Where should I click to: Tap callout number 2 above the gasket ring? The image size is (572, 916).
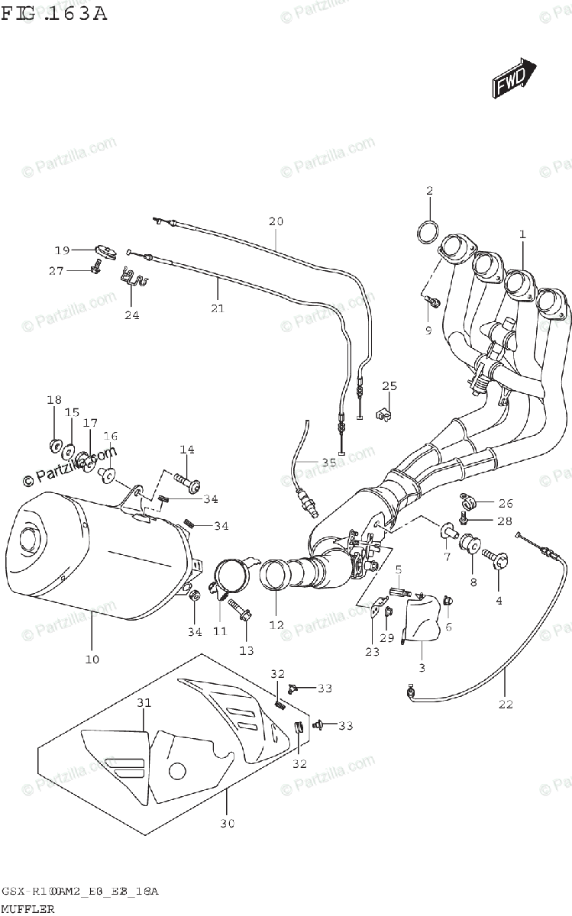(x=429, y=191)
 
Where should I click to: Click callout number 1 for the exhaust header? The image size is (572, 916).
(x=522, y=235)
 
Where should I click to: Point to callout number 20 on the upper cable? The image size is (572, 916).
(x=276, y=222)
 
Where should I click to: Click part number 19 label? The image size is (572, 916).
(x=62, y=250)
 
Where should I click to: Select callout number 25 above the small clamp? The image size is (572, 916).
(x=389, y=385)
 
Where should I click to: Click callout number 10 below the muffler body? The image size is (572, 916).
(x=92, y=659)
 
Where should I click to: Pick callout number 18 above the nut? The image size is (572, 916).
(x=53, y=401)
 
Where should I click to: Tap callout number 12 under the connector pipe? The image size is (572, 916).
(x=276, y=625)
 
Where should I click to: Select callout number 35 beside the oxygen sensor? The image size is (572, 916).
(x=328, y=463)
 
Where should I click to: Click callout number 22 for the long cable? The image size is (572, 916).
(x=506, y=705)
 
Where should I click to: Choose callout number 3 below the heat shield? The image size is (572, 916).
(x=422, y=667)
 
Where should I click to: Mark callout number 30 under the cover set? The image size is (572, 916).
(x=227, y=824)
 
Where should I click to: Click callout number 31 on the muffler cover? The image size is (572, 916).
(x=144, y=702)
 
